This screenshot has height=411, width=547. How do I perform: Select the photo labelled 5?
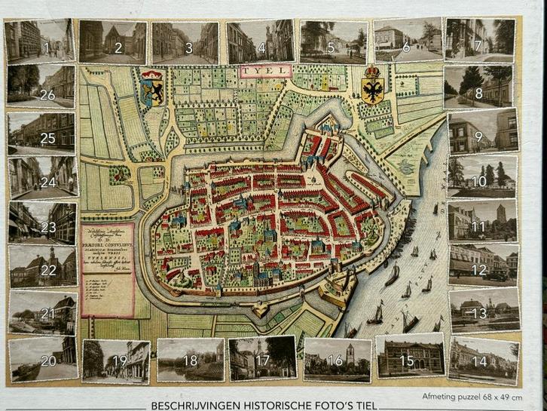point(331,41)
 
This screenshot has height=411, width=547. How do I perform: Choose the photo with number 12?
point(483,265)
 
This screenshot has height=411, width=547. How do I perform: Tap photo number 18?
point(190,359)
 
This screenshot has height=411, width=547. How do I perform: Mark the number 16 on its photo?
point(335,360)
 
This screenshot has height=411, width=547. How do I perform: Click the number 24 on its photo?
point(48,182)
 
